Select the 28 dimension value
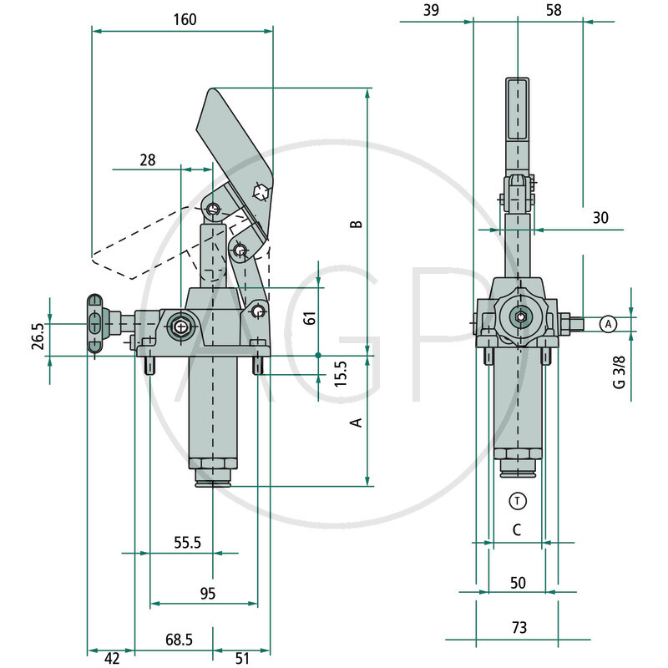148,159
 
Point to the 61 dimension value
309,317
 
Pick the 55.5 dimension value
188,542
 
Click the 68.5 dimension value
179,640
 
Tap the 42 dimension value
112,658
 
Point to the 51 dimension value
242,658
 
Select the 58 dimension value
552,10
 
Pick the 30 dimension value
600,218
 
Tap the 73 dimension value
519,628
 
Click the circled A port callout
609,324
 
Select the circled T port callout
519,501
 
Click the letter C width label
517,529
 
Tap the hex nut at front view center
519,316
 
